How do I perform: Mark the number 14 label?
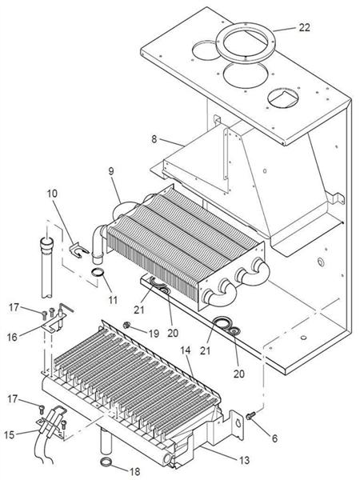186,350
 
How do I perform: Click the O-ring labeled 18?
105,462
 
